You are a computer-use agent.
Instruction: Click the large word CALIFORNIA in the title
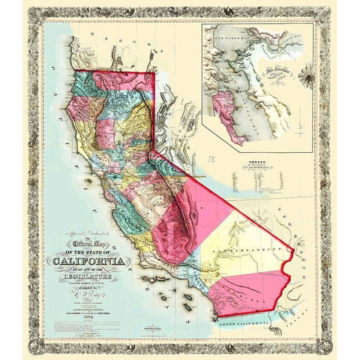(x=88, y=262)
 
